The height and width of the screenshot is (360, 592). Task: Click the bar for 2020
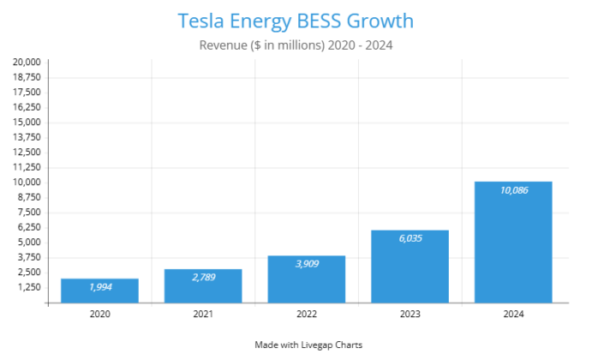(x=99, y=291)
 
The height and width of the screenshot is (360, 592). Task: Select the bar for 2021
(x=203, y=286)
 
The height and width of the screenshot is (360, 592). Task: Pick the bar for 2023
(x=410, y=267)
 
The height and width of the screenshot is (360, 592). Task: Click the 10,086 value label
(x=513, y=190)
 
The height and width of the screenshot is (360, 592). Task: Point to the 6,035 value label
(x=410, y=239)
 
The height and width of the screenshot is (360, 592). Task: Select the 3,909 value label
(x=307, y=264)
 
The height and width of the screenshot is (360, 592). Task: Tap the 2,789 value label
(x=203, y=278)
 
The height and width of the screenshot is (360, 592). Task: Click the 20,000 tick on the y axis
(x=26, y=63)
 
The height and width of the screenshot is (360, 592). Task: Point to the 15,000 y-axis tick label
(x=26, y=123)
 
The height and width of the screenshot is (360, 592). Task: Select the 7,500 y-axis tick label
(x=28, y=213)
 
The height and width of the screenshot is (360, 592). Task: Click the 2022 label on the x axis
(x=307, y=315)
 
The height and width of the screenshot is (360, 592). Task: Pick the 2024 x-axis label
(x=513, y=315)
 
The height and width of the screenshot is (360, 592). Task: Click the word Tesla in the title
(x=201, y=20)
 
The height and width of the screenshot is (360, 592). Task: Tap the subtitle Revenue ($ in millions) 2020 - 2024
(x=296, y=45)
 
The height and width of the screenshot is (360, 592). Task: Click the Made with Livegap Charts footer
(x=308, y=345)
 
